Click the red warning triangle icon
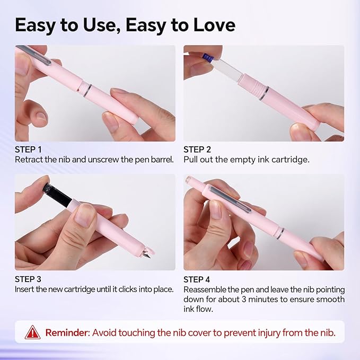(x=32, y=332)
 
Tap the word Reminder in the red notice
(x=67, y=332)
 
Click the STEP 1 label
(x=28, y=150)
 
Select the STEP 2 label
(x=197, y=150)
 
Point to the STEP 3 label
(x=28, y=279)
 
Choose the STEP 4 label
(x=197, y=279)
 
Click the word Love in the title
(x=214, y=25)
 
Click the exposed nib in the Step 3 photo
(x=147, y=252)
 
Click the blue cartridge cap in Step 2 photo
(x=208, y=57)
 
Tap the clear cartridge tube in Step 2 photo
(x=227, y=67)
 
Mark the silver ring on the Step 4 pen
(x=280, y=233)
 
